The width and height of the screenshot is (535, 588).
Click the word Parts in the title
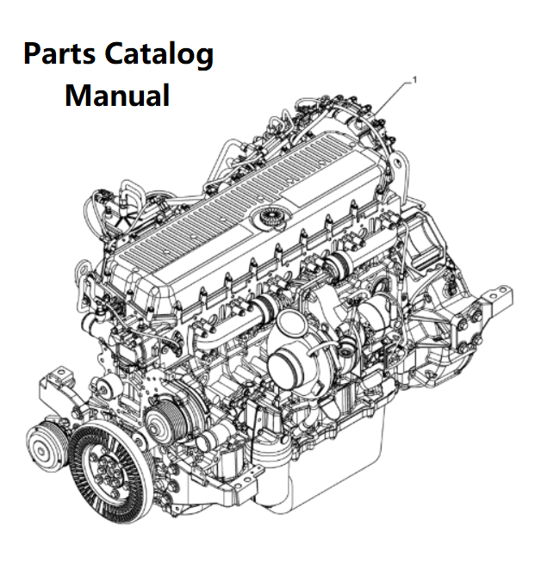pyautogui.click(x=59, y=54)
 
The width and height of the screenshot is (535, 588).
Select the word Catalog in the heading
pyautogui.click(x=159, y=55)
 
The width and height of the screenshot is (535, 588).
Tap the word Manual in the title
pyautogui.click(x=117, y=96)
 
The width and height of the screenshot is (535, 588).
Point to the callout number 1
pyautogui.click(x=414, y=80)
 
